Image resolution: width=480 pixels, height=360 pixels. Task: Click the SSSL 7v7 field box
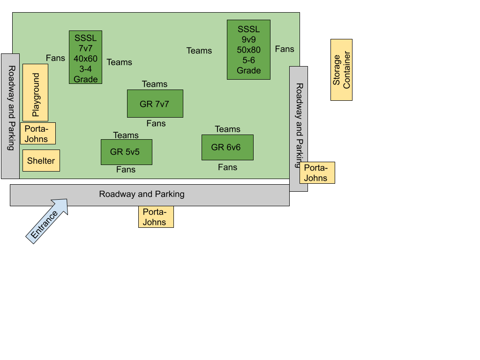click(x=85, y=57)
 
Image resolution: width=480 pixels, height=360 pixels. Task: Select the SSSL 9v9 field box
click(x=248, y=50)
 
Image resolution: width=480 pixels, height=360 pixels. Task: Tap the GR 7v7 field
click(x=155, y=104)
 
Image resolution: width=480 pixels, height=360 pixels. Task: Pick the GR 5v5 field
click(x=126, y=152)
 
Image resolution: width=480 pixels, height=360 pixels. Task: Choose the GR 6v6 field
click(x=227, y=147)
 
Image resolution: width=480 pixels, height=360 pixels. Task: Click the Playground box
click(x=36, y=92)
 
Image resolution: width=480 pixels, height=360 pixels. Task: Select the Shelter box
click(x=41, y=161)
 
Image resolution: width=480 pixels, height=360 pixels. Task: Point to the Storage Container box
click(x=341, y=70)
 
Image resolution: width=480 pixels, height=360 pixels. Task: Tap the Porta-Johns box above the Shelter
click(x=37, y=133)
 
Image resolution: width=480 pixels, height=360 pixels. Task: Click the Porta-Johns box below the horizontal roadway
click(x=156, y=217)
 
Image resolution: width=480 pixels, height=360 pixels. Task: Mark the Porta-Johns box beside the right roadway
click(x=317, y=172)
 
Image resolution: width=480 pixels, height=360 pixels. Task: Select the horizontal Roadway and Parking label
click(x=142, y=194)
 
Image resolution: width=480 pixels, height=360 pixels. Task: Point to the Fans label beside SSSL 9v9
click(x=285, y=49)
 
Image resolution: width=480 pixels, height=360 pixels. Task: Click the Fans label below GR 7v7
click(x=156, y=123)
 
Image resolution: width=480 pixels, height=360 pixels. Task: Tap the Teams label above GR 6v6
click(x=227, y=129)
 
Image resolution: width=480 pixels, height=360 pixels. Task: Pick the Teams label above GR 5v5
click(x=126, y=135)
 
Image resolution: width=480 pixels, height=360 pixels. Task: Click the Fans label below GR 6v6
click(x=227, y=167)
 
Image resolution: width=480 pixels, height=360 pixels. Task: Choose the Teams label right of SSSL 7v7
click(x=120, y=62)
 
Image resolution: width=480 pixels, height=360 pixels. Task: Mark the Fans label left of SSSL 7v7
click(x=55, y=58)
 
